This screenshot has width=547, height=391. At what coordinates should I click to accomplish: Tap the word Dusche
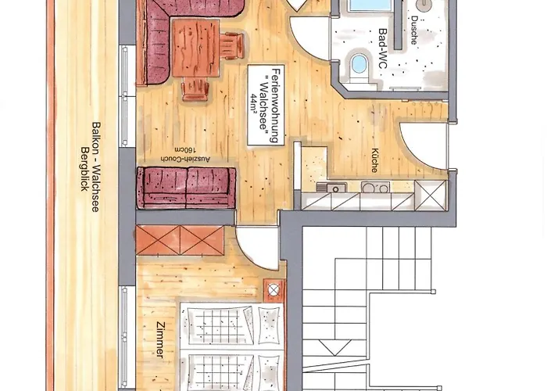point(414,30)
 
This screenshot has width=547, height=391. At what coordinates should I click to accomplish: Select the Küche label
point(375,160)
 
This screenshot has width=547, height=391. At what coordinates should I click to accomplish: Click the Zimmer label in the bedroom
point(160,340)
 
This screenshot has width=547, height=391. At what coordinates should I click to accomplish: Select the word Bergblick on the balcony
point(84,169)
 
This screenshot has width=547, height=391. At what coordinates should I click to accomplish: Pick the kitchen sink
point(332,188)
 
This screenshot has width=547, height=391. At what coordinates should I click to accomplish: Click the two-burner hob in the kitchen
point(376,188)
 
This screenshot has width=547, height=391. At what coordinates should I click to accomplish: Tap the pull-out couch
point(186,188)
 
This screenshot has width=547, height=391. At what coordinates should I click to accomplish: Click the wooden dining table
point(195,48)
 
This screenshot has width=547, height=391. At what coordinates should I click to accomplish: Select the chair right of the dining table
point(233,45)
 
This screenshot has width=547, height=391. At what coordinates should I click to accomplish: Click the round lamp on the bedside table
point(273,290)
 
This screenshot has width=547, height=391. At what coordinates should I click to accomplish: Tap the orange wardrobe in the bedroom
point(180,240)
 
